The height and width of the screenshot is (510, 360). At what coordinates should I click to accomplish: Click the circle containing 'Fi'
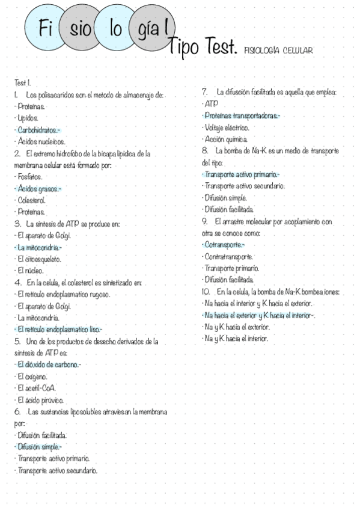[44, 28]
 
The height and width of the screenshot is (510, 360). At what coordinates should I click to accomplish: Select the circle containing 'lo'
[115, 28]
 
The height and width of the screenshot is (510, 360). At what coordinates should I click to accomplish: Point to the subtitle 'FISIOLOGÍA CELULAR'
[278, 51]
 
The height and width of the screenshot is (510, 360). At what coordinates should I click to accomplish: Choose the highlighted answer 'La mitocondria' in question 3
[38, 247]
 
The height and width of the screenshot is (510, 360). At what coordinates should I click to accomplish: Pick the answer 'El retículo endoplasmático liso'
[59, 329]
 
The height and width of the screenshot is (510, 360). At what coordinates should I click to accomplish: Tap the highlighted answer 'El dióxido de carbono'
[48, 364]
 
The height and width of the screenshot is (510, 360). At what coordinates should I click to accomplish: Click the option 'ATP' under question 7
[212, 103]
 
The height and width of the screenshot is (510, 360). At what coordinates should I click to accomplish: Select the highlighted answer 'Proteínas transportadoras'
[242, 115]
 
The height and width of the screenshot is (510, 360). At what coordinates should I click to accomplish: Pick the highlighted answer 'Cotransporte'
[225, 245]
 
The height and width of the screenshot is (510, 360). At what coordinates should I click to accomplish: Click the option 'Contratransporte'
[229, 256]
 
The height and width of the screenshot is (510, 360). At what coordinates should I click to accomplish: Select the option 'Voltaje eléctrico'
[228, 127]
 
